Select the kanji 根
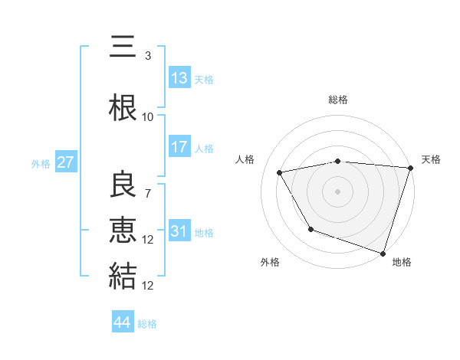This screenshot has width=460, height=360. coord(123,107)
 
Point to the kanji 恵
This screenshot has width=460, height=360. coord(123,231)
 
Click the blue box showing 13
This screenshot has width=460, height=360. coord(179,78)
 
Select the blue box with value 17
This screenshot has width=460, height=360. coord(179,147)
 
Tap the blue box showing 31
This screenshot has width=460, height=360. coord(179,231)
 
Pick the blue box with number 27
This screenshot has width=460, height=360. coord(65,162)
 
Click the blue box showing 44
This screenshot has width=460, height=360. coord(122,322)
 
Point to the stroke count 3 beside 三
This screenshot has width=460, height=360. coord(148,56)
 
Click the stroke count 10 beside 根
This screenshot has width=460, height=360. coord(148,117)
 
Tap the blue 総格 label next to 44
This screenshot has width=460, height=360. coord(147,324)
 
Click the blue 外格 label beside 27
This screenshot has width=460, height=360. coord(41,163)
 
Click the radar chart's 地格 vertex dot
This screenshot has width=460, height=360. coord(383,253)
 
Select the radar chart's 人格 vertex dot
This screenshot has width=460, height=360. coord(280,173)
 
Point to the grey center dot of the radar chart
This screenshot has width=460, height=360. coord(338,191)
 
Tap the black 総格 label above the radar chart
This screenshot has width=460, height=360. coord(338,100)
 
